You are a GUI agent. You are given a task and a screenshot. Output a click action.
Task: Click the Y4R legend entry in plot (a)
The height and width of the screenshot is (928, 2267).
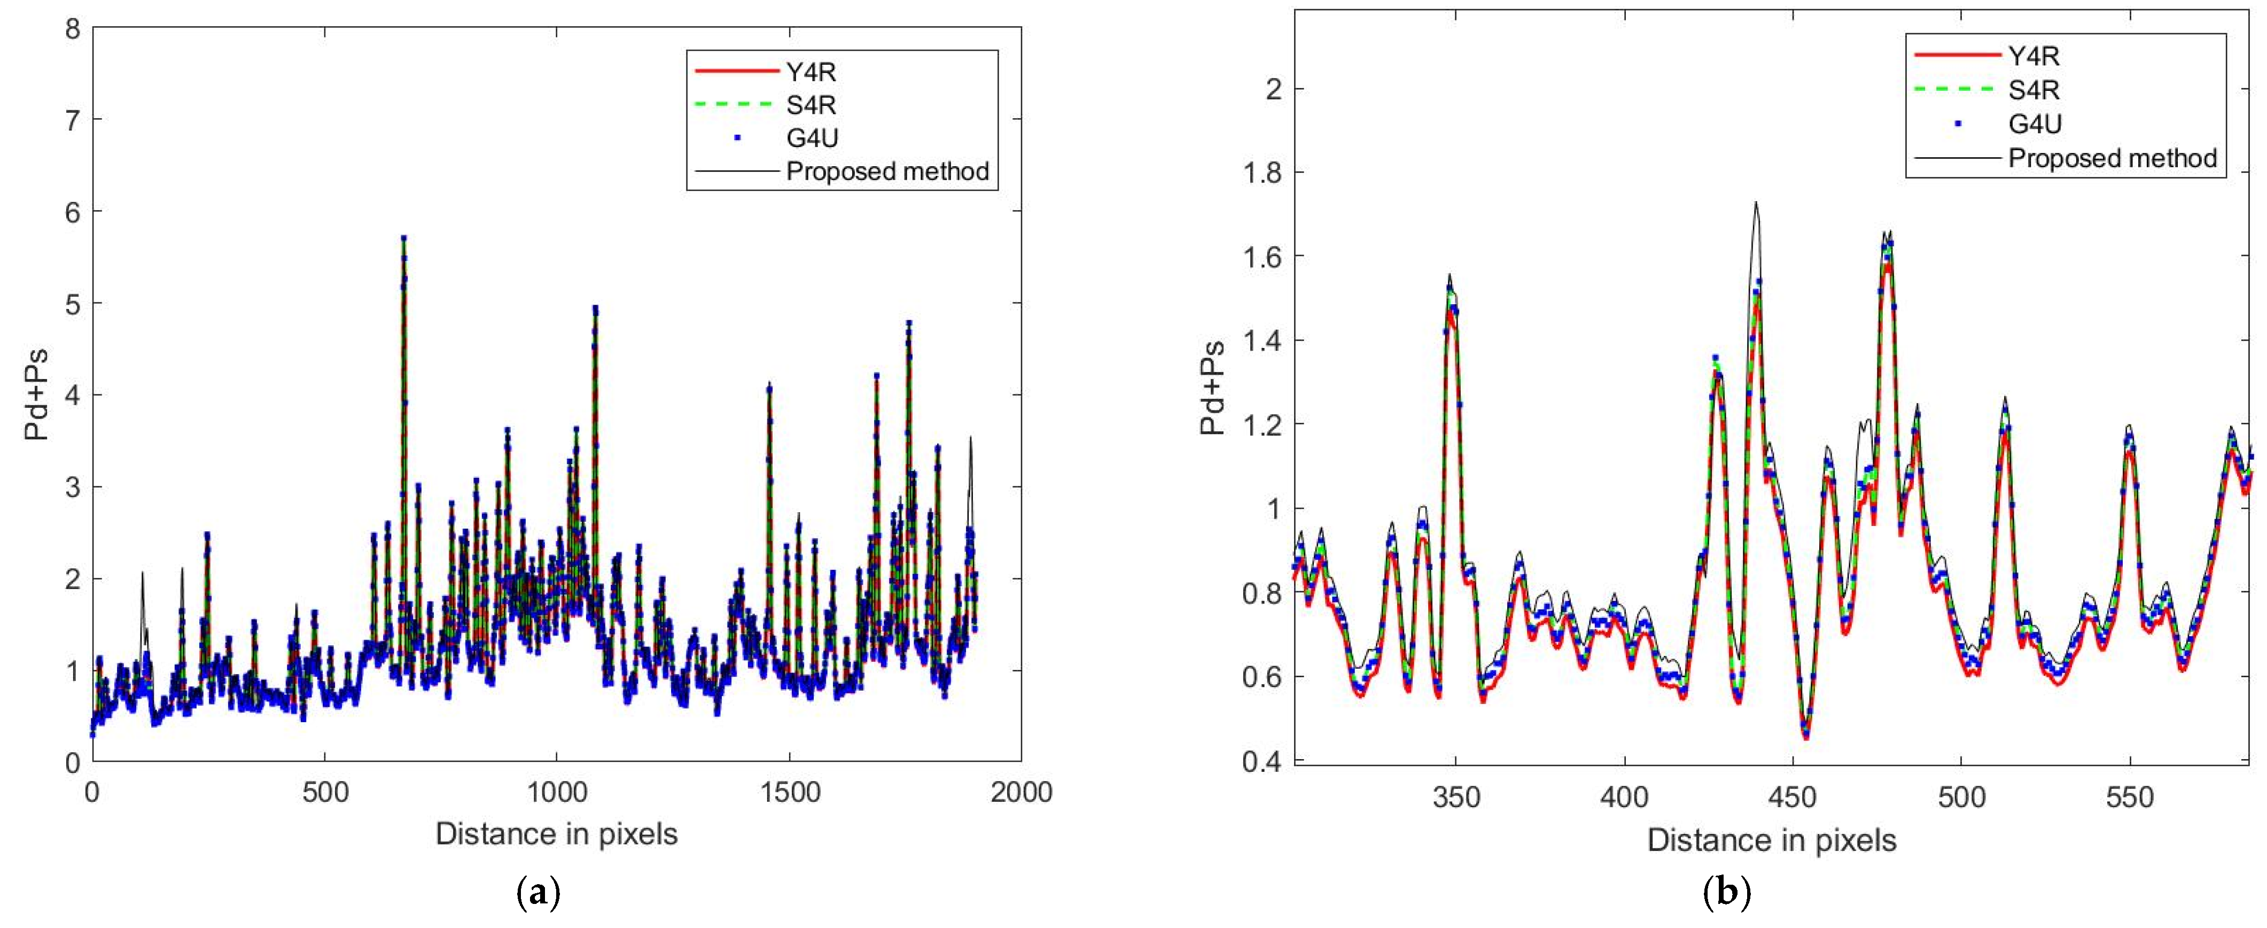click(x=809, y=71)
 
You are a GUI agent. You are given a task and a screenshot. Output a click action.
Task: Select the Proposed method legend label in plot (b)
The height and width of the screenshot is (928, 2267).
click(x=2112, y=158)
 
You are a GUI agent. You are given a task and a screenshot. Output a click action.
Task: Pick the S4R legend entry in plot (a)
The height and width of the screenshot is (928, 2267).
click(x=809, y=105)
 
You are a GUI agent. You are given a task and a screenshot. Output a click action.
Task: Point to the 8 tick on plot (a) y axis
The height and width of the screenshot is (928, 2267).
click(x=72, y=29)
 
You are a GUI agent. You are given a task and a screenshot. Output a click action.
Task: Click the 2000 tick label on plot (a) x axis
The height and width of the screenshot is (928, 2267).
click(x=1021, y=792)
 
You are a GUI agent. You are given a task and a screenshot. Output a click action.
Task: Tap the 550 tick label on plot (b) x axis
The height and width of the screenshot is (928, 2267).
click(x=2130, y=798)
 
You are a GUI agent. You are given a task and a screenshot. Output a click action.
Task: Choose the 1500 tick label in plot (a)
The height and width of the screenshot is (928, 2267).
click(x=789, y=792)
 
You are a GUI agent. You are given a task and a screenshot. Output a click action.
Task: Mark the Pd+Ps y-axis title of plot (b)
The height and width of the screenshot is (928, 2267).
click(x=1213, y=388)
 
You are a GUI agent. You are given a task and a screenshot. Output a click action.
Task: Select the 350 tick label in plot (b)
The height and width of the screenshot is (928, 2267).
click(x=1455, y=798)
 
